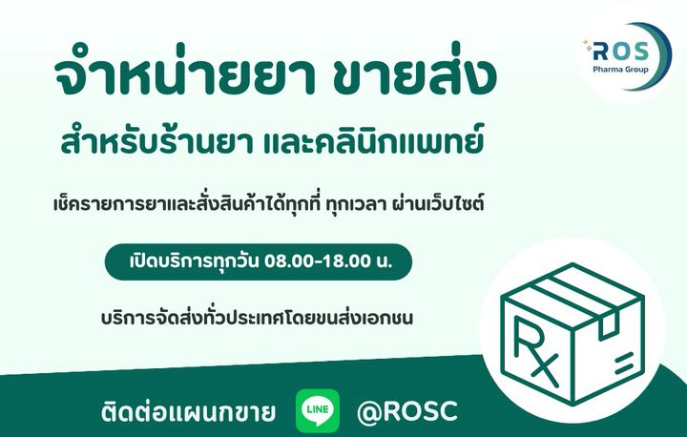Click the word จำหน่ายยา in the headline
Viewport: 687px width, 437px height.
[185, 73]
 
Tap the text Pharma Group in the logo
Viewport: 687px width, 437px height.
[620, 70]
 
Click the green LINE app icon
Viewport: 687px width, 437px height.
[318, 410]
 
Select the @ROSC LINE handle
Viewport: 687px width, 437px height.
[407, 412]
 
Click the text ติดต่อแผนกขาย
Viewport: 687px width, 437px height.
[188, 411]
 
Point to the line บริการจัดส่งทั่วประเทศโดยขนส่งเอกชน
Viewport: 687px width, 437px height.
[257, 318]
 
